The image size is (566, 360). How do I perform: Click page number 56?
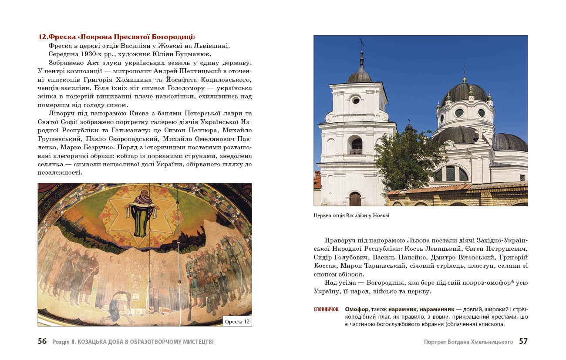point(42,342)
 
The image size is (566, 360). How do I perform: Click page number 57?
point(523,342)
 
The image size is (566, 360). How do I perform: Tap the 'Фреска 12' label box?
point(237,322)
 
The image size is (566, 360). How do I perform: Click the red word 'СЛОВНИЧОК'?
point(326,310)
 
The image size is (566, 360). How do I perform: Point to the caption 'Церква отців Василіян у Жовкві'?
point(351,215)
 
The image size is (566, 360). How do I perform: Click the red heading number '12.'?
point(43,37)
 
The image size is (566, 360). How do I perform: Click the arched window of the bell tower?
point(356,145)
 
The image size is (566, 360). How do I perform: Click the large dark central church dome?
point(464,92)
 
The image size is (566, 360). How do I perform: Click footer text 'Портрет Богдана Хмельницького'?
point(468,342)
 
